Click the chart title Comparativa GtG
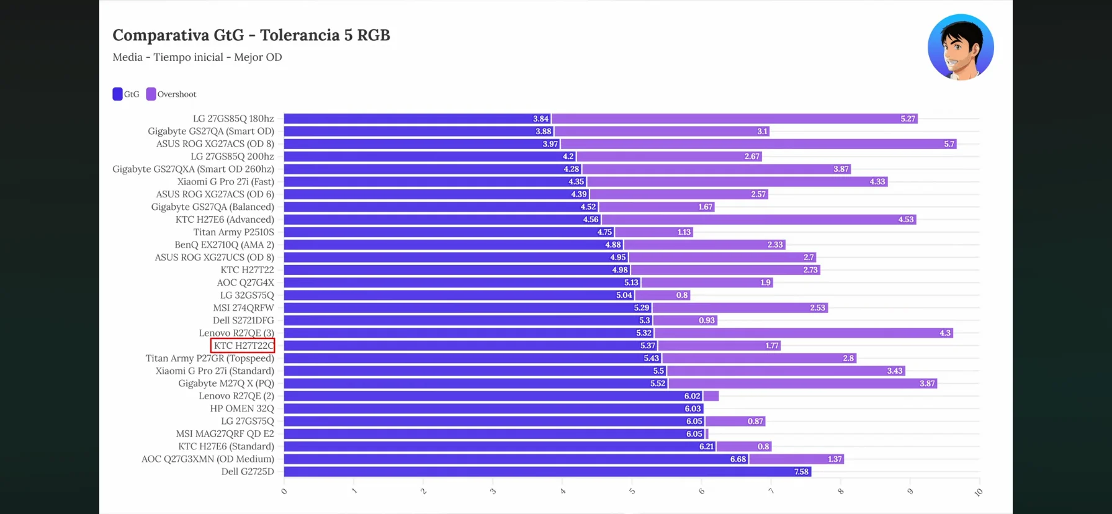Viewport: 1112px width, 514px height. point(251,35)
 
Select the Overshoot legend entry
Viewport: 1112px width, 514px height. point(171,94)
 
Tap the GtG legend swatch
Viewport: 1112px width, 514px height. point(117,94)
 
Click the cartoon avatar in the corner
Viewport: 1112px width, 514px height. point(960,48)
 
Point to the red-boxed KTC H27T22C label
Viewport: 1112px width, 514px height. point(243,346)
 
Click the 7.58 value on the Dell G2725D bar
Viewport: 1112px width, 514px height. point(801,472)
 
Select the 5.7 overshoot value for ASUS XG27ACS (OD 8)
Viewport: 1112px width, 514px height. point(949,144)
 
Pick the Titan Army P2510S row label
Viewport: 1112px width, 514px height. point(233,232)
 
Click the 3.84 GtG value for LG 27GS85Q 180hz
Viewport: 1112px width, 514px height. point(540,119)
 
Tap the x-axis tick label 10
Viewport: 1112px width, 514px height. point(979,492)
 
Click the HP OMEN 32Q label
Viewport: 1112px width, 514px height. point(241,408)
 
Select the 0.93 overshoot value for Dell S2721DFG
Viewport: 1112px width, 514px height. point(706,320)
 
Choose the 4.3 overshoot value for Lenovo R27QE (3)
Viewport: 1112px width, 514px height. point(944,333)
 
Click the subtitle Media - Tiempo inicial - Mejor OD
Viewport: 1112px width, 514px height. point(197,57)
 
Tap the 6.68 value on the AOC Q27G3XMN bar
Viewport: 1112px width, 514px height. point(738,459)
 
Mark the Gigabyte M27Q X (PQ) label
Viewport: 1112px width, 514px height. point(226,384)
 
